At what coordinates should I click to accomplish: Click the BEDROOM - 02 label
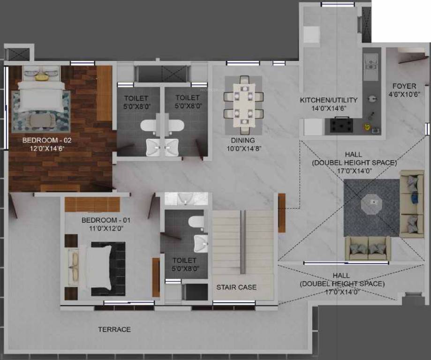[45, 140]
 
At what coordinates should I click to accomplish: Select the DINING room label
[242, 140]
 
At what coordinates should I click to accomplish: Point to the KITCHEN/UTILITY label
[329, 100]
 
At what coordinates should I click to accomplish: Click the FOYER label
[404, 86]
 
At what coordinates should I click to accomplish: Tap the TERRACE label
[114, 330]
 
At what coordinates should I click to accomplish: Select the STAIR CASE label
[236, 287]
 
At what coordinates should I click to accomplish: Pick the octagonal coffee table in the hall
[371, 202]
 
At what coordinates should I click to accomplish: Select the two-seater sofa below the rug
[368, 248]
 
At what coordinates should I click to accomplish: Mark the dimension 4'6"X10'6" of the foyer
[404, 94]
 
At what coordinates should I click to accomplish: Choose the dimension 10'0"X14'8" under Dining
[242, 149]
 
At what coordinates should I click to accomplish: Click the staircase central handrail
[242, 239]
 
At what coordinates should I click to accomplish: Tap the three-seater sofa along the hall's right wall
[411, 203]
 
